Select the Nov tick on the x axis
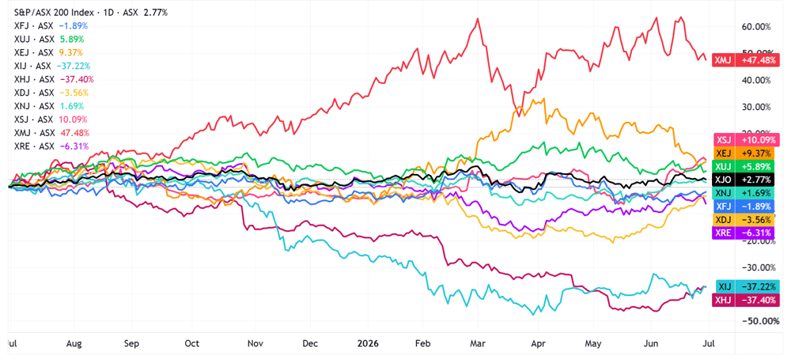point(255,343)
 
